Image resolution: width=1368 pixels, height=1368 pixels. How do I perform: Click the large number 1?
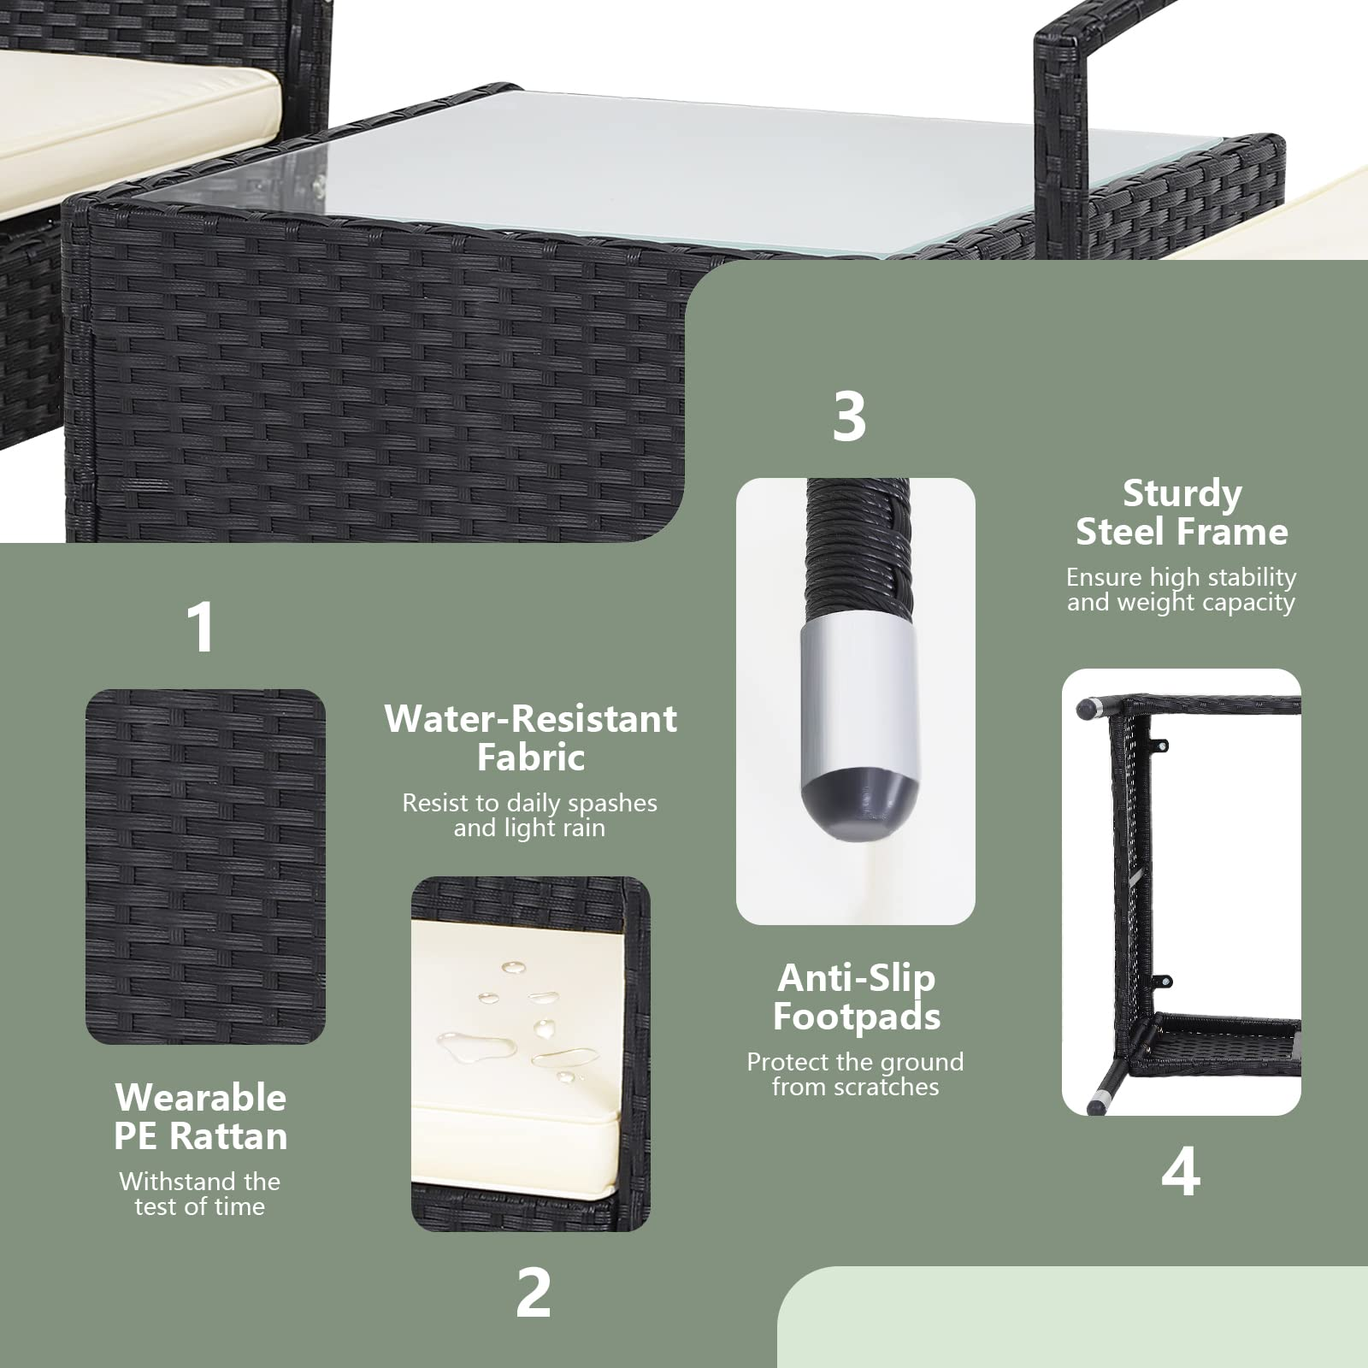201,627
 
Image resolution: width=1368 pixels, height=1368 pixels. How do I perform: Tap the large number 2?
534,1292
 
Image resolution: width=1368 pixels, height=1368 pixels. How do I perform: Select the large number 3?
849,416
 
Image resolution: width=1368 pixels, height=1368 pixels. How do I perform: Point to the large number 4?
1181,1171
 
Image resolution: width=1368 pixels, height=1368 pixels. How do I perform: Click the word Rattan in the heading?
228,1136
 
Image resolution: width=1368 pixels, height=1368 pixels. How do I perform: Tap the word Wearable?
201,1098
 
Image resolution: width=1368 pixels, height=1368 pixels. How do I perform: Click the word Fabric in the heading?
531,758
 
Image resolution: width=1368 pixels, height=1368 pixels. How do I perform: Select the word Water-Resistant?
531,719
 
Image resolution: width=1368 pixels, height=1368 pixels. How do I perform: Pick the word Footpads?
857,1017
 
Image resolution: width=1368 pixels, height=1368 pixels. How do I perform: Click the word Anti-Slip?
857,979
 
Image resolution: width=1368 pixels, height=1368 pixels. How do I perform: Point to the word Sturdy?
1182,494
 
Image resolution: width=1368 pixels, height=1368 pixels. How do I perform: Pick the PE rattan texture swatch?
205,866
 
